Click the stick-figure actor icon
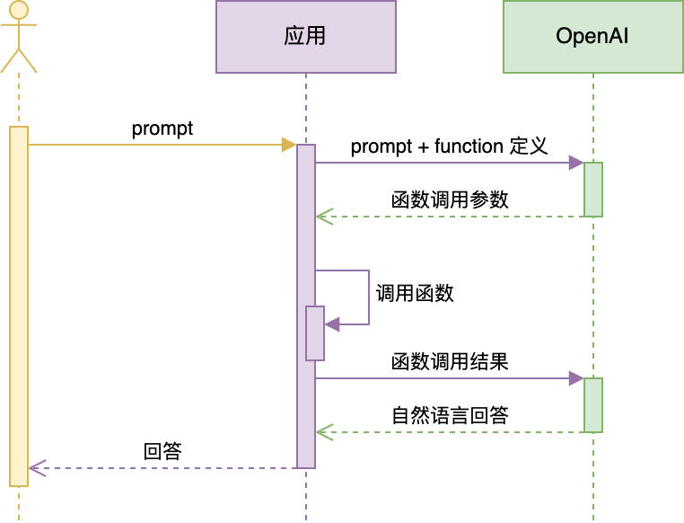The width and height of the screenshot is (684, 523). tap(19, 37)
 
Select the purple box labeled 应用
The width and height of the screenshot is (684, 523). tap(305, 37)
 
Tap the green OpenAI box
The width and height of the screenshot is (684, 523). tap(592, 37)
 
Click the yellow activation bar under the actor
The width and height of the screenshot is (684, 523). tap(19, 306)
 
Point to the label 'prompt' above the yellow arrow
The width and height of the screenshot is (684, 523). tap(162, 129)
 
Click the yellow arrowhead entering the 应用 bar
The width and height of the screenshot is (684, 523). tap(289, 145)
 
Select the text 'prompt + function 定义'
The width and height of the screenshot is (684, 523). tap(449, 146)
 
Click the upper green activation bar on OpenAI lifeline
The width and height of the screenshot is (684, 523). tap(592, 189)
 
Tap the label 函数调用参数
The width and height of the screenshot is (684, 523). tap(450, 199)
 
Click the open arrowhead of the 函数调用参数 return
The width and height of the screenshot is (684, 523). tap(323, 217)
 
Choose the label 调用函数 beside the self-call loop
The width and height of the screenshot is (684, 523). tap(415, 293)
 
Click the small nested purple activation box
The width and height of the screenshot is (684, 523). tap(315, 333)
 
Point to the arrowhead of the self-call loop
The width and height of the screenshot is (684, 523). tap(331, 324)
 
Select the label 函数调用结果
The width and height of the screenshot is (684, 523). tap(450, 361)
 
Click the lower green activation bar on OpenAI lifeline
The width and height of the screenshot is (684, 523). tap(592, 404)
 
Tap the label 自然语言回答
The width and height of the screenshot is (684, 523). tap(450, 415)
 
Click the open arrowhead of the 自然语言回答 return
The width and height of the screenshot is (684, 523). tap(323, 432)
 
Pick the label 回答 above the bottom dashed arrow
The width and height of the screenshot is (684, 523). tap(162, 451)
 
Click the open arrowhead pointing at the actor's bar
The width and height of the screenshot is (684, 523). tap(36, 468)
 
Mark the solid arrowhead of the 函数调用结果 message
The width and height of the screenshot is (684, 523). tap(576, 378)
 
